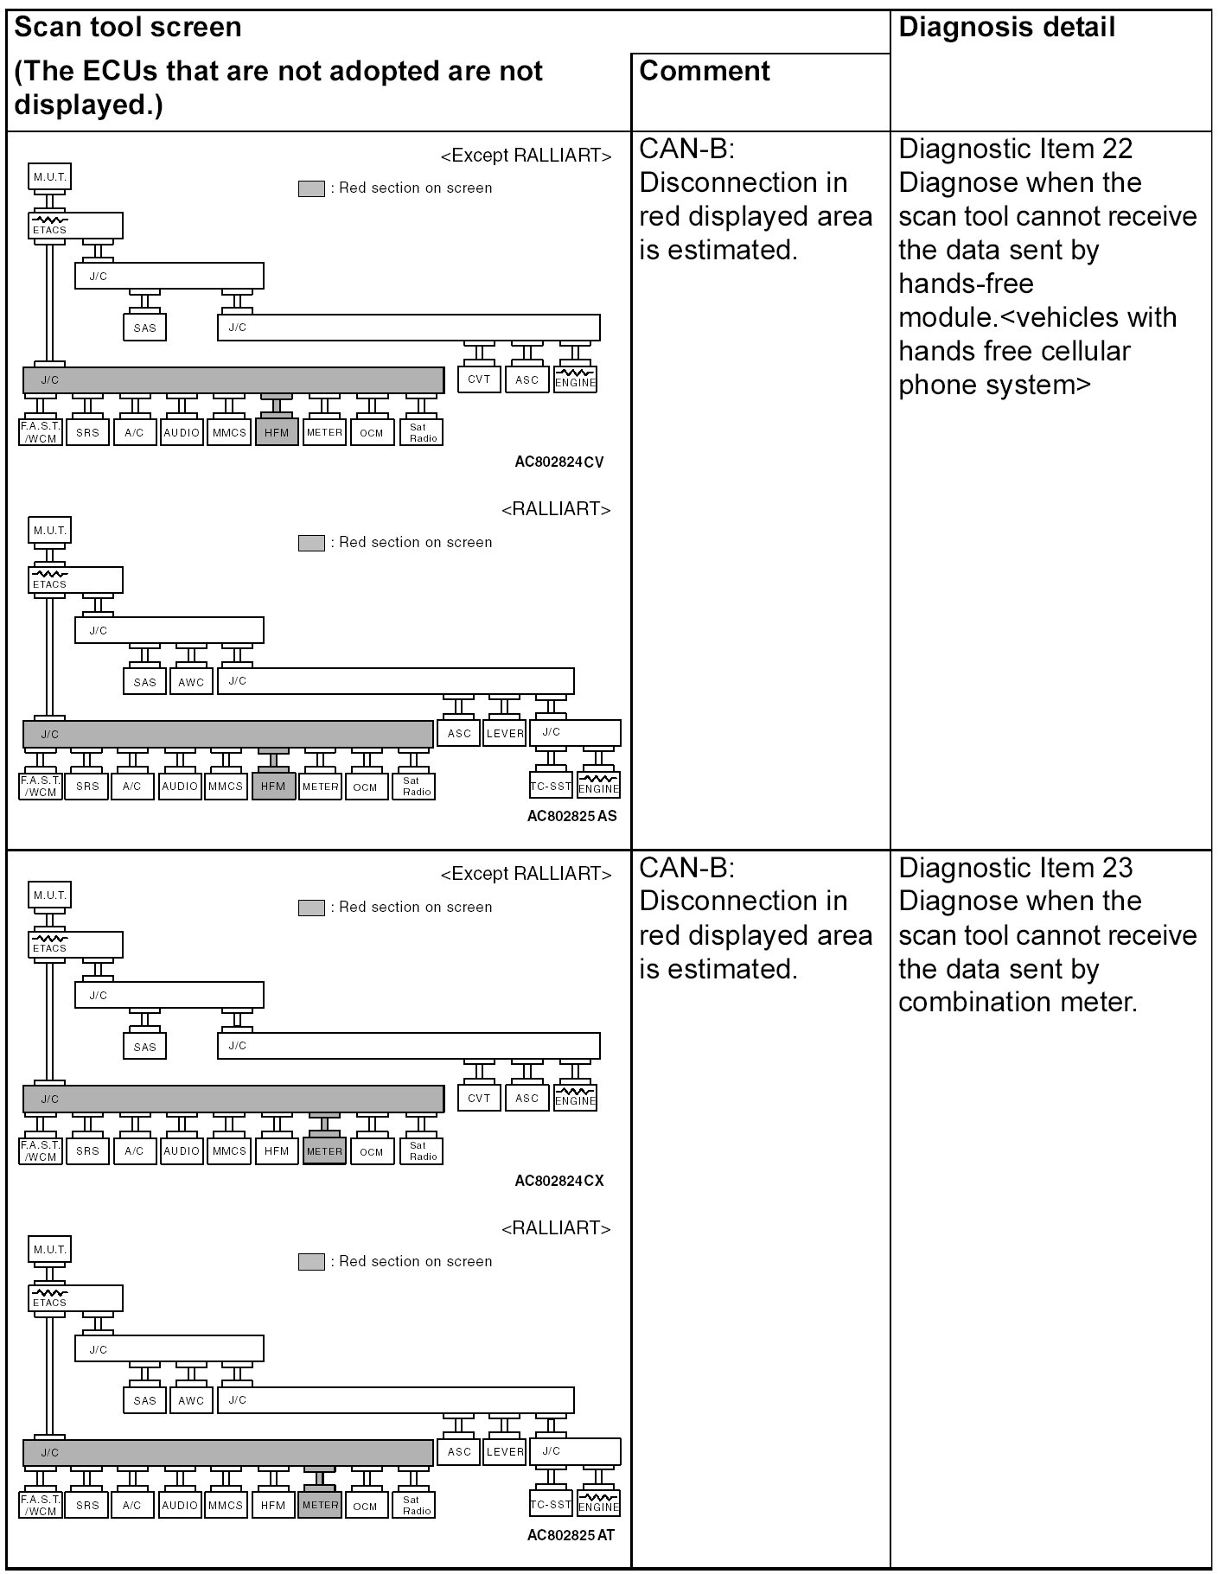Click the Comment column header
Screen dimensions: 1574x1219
(704, 71)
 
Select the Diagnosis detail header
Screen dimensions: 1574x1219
(1006, 28)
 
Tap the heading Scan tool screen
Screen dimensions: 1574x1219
(128, 28)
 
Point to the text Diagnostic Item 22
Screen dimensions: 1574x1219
(1015, 149)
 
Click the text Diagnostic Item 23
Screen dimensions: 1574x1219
(1015, 868)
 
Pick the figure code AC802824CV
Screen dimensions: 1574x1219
(558, 462)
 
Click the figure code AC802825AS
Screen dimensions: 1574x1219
(571, 816)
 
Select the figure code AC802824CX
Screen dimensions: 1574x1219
(558, 1181)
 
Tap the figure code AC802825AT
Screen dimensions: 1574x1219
(571, 1535)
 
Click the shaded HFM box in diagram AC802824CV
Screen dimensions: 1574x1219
(277, 432)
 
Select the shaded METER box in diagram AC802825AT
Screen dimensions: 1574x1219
(320, 1505)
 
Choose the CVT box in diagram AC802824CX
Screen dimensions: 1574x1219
(479, 1099)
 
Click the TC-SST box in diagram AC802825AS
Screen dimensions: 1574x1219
(551, 787)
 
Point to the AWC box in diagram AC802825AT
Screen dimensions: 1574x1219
(191, 1401)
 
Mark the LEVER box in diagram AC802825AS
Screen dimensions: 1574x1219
(505, 734)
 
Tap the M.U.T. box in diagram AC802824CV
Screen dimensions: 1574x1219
(49, 177)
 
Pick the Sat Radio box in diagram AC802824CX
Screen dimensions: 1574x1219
(422, 1151)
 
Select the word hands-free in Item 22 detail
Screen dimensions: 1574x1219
(965, 284)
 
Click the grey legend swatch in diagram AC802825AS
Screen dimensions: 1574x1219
(311, 543)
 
